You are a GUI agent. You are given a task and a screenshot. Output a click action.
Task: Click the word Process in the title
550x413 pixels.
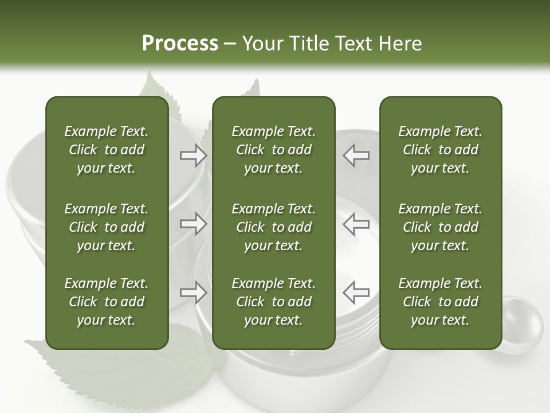click(x=180, y=44)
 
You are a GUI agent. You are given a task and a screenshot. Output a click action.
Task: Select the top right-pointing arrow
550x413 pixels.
click(x=193, y=155)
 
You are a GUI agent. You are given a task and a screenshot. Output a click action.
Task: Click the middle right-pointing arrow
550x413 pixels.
click(x=193, y=223)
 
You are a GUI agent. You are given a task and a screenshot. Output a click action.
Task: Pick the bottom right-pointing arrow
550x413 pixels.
click(x=193, y=292)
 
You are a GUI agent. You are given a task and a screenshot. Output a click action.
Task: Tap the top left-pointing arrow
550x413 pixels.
click(x=356, y=155)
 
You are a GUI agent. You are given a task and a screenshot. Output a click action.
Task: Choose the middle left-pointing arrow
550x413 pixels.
click(x=356, y=223)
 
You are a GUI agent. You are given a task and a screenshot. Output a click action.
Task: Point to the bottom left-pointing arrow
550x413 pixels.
click(x=356, y=292)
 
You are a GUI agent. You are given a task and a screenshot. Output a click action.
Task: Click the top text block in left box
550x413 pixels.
click(x=107, y=150)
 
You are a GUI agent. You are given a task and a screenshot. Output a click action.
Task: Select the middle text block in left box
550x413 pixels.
click(x=107, y=227)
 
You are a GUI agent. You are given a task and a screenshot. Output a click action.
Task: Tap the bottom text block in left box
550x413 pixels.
click(x=107, y=302)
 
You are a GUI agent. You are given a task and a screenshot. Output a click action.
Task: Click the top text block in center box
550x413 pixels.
click(x=273, y=150)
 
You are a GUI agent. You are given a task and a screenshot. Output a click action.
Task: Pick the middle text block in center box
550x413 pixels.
click(x=273, y=227)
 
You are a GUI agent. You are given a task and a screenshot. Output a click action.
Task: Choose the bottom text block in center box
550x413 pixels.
click(x=273, y=302)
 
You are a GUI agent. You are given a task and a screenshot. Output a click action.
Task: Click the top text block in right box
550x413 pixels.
click(x=440, y=150)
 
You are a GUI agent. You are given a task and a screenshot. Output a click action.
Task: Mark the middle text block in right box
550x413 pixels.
click(x=440, y=227)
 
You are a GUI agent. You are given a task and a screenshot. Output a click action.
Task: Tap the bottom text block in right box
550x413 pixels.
click(x=440, y=302)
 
